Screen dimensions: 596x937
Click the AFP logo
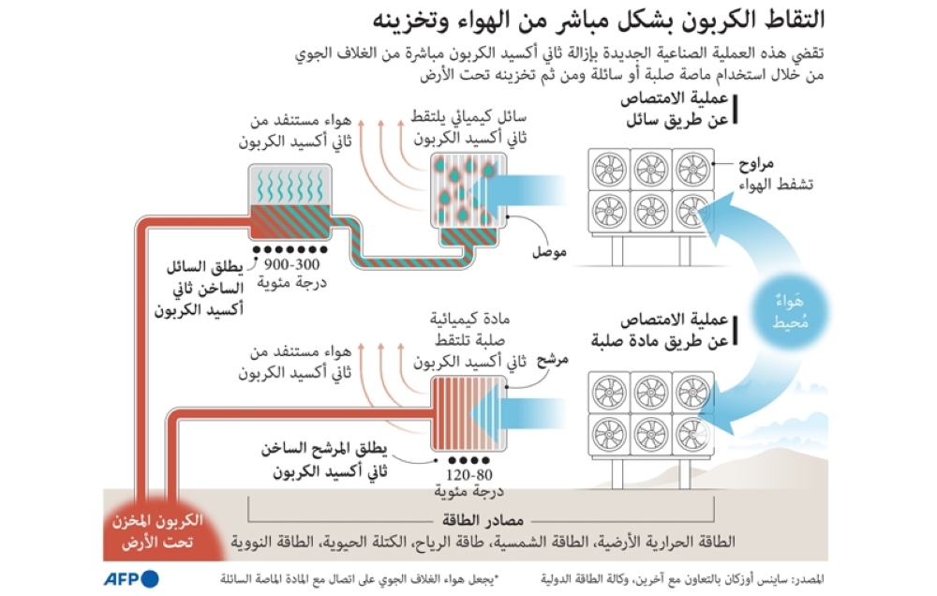pyautogui.click(x=131, y=575)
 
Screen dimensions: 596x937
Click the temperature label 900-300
pyautogui.click(x=291, y=268)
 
